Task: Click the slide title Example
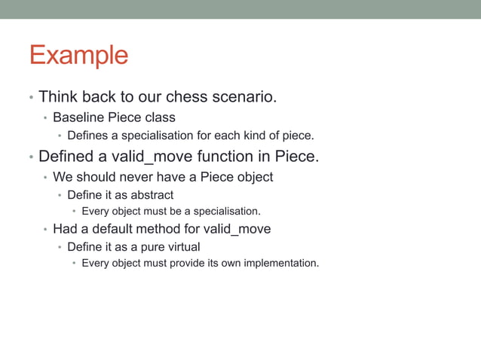point(78,56)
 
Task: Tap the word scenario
point(244,97)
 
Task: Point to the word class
point(158,117)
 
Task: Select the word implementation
point(281,264)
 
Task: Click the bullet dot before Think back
point(30,98)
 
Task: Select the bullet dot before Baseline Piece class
point(45,118)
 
